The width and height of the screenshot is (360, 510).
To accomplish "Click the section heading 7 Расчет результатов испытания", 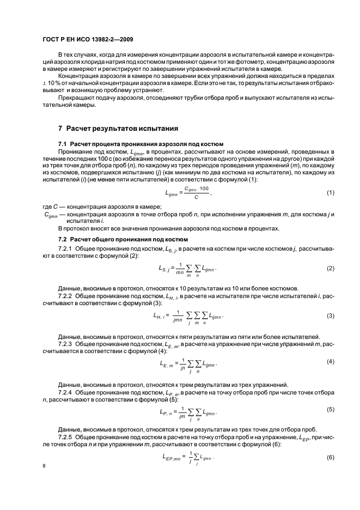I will (118, 129).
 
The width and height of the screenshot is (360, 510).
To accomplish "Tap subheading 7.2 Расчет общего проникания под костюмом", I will (123, 240).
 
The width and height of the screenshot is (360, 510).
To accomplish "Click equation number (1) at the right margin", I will (330, 193).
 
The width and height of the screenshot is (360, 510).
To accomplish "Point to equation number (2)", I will (330, 269).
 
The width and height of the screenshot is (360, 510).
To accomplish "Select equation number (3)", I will (330, 316).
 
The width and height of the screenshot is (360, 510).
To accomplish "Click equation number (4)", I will (330, 362).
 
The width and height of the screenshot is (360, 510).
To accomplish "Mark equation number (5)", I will (330, 409).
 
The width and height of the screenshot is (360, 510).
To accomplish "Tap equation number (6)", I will (330, 456).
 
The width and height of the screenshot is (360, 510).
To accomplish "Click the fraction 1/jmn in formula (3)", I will (176, 317).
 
